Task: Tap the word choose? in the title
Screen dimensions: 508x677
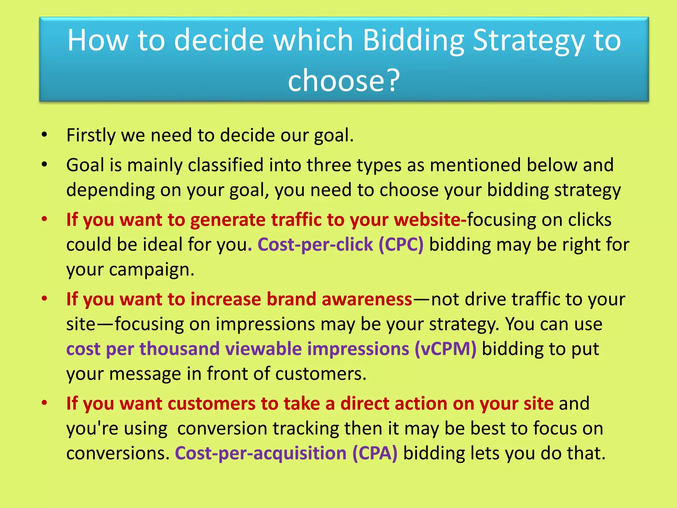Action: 344,80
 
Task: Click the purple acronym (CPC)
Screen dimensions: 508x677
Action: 401,245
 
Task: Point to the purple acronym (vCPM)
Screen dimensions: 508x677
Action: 446,349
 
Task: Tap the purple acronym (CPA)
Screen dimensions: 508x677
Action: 375,453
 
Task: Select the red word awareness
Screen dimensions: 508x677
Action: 367,299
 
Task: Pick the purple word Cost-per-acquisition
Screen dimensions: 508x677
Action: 260,453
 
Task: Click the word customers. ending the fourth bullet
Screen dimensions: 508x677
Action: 321,374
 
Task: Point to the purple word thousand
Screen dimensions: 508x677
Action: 179,349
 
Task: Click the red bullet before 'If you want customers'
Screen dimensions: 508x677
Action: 44,402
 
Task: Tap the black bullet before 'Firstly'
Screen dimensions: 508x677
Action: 44,135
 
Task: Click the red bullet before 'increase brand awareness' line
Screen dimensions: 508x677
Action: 44,298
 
